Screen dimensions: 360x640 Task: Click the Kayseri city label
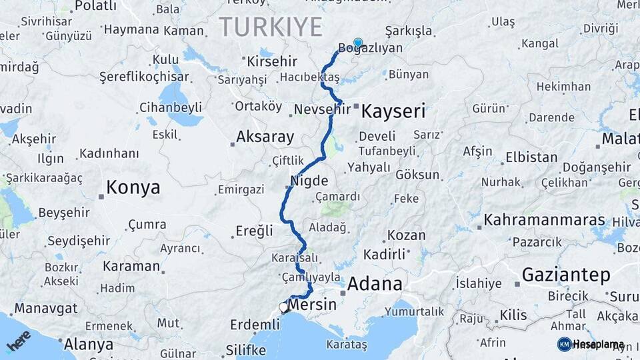coord(393,111)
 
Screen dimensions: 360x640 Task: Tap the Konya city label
coord(133,188)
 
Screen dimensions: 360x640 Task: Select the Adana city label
coord(375,285)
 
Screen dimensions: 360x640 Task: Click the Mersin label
coord(313,304)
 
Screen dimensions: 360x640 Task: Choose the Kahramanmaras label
coord(544,220)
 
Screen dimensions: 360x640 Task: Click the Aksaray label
coord(265,137)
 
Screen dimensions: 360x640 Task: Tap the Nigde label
coord(309,181)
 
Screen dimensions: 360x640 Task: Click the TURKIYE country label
coord(271,27)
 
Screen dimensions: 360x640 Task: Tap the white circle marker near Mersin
coord(283,308)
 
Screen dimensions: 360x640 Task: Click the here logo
coord(19,341)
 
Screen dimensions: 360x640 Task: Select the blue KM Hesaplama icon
coord(564,344)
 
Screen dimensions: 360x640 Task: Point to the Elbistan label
coord(531,158)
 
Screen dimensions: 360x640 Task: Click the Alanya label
coord(89,345)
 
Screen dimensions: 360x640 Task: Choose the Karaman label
coord(131,266)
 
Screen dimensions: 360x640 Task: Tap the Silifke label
coord(246,349)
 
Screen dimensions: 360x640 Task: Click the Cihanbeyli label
coord(171,107)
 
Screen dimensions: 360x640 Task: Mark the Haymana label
coord(131,30)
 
